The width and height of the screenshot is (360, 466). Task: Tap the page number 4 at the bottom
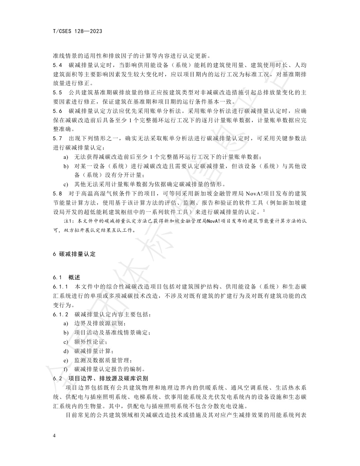(x=54, y=436)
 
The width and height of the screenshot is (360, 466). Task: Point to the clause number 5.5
(x=57, y=93)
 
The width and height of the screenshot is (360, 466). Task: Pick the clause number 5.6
(x=57, y=111)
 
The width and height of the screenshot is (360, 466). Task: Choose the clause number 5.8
(x=57, y=193)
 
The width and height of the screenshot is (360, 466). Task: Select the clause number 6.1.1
(x=60, y=287)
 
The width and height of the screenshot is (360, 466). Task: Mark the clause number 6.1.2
(x=60, y=315)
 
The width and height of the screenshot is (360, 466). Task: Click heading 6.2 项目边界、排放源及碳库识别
(x=100, y=378)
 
